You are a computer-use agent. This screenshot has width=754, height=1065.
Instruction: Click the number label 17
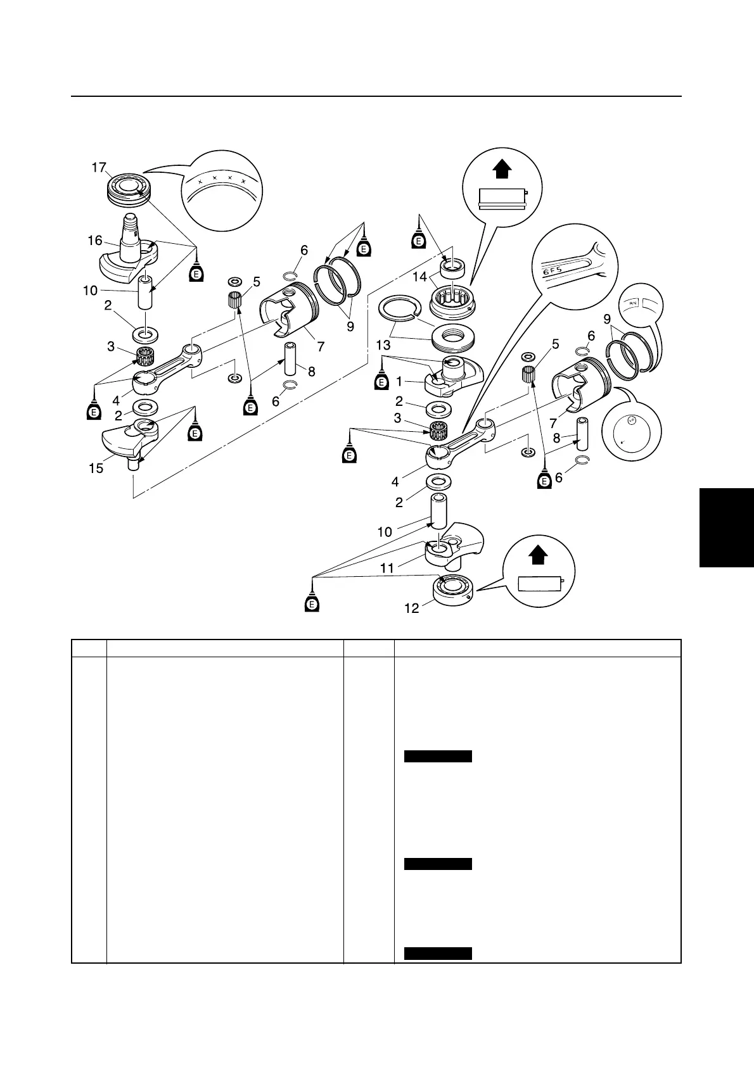(98, 167)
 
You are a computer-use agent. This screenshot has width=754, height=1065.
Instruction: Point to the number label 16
(95, 241)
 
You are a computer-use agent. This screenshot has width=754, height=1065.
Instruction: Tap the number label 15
(96, 469)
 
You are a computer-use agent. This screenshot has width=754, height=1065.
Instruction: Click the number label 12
(411, 608)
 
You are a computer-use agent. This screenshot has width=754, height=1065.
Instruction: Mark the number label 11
(387, 568)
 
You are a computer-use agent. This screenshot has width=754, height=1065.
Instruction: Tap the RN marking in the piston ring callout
(632, 303)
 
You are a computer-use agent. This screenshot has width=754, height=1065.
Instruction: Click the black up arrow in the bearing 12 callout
(537, 555)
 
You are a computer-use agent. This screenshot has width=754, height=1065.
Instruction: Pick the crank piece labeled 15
(130, 437)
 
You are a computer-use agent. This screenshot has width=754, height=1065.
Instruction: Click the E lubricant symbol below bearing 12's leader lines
(311, 603)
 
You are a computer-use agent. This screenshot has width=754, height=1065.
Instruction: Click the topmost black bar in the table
(438, 756)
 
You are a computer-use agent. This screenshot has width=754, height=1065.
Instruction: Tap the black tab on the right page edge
(727, 527)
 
